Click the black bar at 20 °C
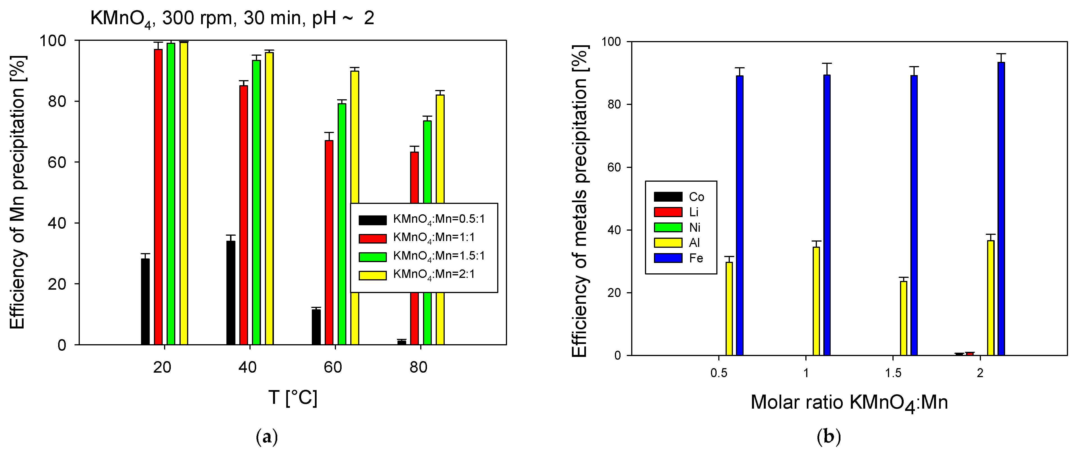tap(145, 302)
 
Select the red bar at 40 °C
tap(243, 215)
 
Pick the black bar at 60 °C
tap(316, 327)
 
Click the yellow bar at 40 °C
tap(269, 198)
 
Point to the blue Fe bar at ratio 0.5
tap(740, 215)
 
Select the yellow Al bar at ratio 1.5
tap(903, 318)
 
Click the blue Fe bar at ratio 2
tap(1001, 209)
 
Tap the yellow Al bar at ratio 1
tap(816, 301)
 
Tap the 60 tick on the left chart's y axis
tap(57, 162)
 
